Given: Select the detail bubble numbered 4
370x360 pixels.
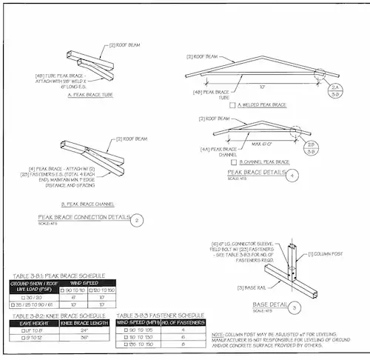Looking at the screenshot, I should coord(295,176).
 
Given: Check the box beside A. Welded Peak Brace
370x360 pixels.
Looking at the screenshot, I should coord(232,106).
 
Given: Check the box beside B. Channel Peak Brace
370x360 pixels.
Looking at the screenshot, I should coord(234,161).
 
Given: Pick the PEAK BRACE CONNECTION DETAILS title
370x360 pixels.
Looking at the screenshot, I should coord(83,218).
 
